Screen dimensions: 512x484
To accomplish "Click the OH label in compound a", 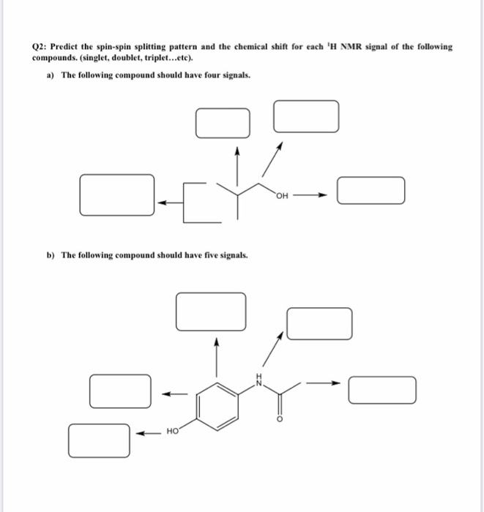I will (283, 195).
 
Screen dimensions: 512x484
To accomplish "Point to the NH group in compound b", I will (257, 379).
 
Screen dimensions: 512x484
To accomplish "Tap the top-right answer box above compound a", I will (306, 116).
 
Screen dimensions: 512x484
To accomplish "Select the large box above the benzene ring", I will (210, 310).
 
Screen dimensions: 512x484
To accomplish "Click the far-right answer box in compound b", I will (382, 389).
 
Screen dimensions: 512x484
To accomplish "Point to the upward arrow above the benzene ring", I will (215, 354).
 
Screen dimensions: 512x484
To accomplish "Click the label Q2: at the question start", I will (40, 46).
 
